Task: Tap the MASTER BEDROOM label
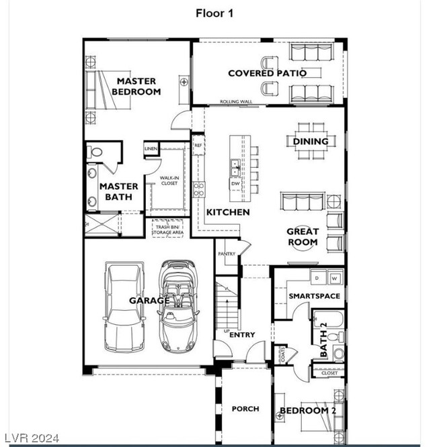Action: (136, 87)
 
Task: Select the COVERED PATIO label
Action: (267, 73)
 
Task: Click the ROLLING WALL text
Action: (235, 102)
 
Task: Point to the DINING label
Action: (311, 142)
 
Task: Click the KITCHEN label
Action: (228, 212)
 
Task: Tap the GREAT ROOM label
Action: (303, 237)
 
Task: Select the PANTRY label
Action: (225, 254)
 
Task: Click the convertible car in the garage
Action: (176, 305)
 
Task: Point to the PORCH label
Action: (245, 409)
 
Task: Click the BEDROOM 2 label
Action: (308, 411)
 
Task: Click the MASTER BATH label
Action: (119, 192)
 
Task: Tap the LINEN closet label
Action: (151, 148)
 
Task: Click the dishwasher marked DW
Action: (235, 183)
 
